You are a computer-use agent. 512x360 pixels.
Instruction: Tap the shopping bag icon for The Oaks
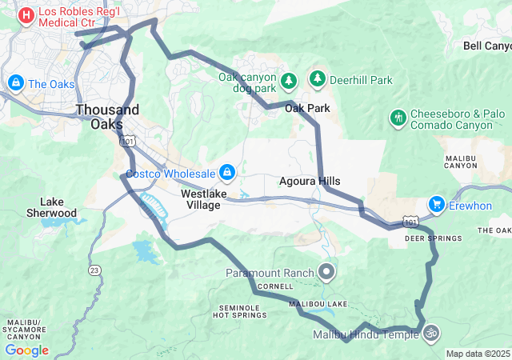tap(15, 83)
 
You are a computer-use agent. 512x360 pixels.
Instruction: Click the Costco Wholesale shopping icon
tap(228, 173)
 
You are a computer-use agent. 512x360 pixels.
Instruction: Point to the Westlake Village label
tap(203, 199)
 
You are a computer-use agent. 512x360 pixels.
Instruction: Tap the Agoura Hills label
tap(310, 181)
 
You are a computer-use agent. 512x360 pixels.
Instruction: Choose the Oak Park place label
tap(307, 107)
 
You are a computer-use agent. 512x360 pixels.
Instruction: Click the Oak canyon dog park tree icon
tap(289, 81)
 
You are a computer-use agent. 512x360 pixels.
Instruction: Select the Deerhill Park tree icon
tap(318, 79)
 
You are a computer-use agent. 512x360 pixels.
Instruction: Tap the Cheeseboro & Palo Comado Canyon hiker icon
tap(398, 118)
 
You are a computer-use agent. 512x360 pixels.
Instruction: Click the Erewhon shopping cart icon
tap(436, 204)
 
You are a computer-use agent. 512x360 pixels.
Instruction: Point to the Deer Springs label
tap(433, 238)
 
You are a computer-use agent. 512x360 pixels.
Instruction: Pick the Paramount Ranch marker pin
tap(326, 273)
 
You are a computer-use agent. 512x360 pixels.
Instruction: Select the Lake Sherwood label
tap(58, 207)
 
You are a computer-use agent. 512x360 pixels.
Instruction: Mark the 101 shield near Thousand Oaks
tap(127, 141)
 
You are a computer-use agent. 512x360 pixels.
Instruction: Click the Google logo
tap(26, 350)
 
